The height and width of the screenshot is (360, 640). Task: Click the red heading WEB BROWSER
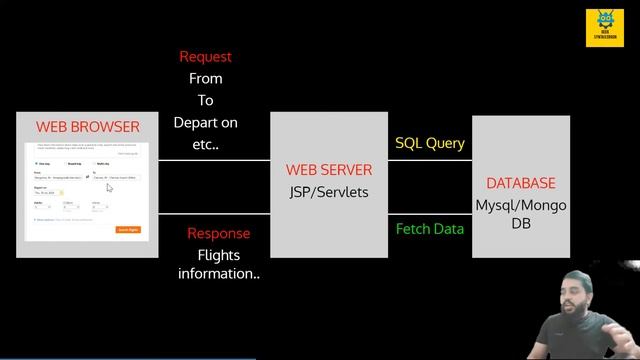(x=87, y=127)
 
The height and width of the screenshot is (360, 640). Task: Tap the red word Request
(x=205, y=57)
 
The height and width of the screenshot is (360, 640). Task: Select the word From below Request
(x=205, y=79)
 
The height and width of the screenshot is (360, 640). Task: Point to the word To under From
(x=205, y=101)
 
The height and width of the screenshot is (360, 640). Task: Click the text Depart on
(x=205, y=123)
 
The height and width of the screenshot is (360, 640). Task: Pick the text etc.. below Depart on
(x=205, y=144)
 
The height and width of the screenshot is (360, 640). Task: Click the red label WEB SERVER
(x=329, y=170)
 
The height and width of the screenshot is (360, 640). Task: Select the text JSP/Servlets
(x=329, y=191)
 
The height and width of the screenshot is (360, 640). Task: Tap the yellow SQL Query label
(x=429, y=143)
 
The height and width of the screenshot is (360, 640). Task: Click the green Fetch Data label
(x=429, y=229)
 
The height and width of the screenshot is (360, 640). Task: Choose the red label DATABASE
(x=520, y=184)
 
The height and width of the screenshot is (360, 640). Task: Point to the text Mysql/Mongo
(x=520, y=206)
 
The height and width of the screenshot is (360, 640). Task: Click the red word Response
(x=219, y=233)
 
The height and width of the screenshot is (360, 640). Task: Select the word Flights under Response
(x=219, y=255)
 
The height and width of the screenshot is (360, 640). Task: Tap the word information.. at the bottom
(x=219, y=274)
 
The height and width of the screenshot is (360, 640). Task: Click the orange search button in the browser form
(x=128, y=229)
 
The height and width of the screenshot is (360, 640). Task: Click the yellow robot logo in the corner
(x=605, y=28)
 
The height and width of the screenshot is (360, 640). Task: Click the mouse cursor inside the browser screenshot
(x=108, y=186)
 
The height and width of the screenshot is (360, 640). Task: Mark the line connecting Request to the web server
(x=215, y=159)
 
